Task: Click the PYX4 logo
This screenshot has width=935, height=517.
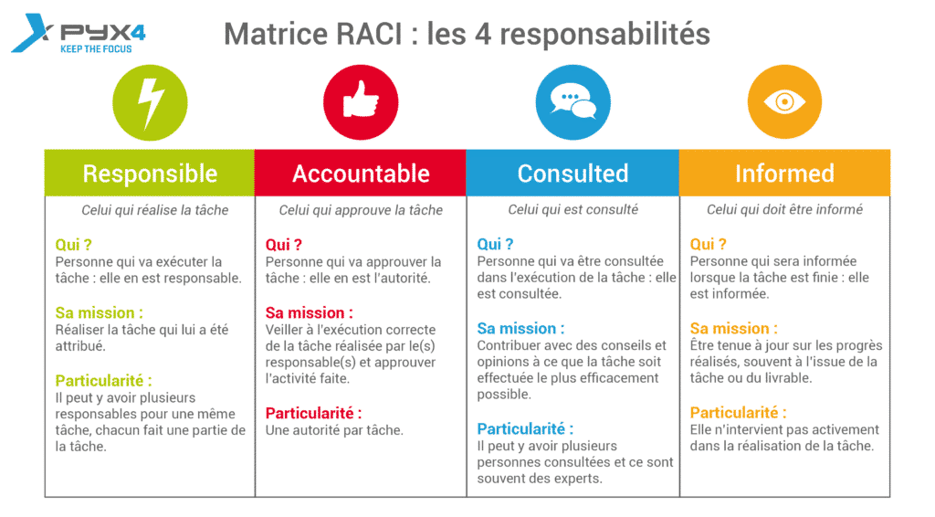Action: [79, 34]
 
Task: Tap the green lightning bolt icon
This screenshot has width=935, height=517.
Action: [151, 102]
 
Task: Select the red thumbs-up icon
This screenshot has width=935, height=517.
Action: [361, 102]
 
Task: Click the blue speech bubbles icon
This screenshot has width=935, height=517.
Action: [573, 102]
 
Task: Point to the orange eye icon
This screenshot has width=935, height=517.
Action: [784, 102]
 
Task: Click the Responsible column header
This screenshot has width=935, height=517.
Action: [150, 173]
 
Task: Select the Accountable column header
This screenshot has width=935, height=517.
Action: [360, 173]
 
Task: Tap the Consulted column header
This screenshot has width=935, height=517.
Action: [573, 173]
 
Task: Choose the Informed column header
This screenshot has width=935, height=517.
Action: [784, 173]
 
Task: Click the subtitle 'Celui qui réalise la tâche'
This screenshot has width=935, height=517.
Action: [155, 210]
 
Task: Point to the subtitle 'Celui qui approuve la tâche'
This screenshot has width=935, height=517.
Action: [361, 210]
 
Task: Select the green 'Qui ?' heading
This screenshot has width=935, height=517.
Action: [73, 245]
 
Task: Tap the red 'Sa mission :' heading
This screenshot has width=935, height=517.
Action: [309, 312]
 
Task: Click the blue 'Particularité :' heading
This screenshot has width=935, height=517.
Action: [525, 428]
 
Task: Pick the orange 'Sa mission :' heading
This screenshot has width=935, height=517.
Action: [733, 328]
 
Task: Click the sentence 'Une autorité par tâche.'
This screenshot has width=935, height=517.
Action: [334, 430]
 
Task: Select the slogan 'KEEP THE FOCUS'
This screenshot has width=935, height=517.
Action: [96, 49]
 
